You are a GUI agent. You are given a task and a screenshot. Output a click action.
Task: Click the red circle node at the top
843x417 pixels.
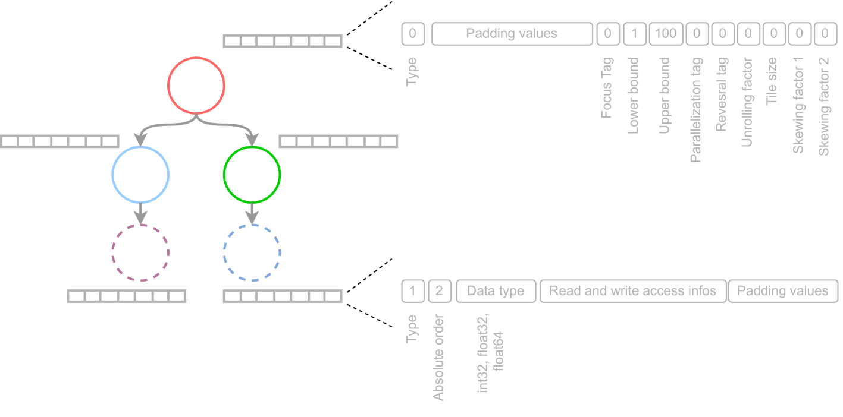[x=196, y=86]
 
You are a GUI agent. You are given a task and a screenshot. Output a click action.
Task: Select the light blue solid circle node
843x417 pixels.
[x=141, y=175]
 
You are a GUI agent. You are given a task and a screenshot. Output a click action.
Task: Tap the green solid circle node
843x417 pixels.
[x=252, y=175]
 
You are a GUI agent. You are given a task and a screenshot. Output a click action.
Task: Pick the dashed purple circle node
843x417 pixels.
[x=140, y=252]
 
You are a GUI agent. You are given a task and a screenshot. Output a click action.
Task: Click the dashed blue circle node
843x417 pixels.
[x=252, y=252]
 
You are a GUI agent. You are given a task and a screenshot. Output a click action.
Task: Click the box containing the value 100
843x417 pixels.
[x=665, y=34]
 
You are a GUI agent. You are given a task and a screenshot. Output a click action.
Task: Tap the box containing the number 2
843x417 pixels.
[x=440, y=291]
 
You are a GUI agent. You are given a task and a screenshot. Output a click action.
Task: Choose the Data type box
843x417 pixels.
[x=496, y=291]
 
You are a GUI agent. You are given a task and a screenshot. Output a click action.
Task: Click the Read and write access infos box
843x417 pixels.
[x=632, y=291]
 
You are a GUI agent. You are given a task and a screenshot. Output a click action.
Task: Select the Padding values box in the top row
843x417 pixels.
[x=512, y=34]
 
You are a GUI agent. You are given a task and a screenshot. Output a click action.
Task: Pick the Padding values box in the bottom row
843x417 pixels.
[x=782, y=291]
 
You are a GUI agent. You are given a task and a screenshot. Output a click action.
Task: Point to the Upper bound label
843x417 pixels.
[x=665, y=95]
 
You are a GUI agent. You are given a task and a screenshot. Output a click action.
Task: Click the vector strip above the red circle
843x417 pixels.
[x=283, y=41]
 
